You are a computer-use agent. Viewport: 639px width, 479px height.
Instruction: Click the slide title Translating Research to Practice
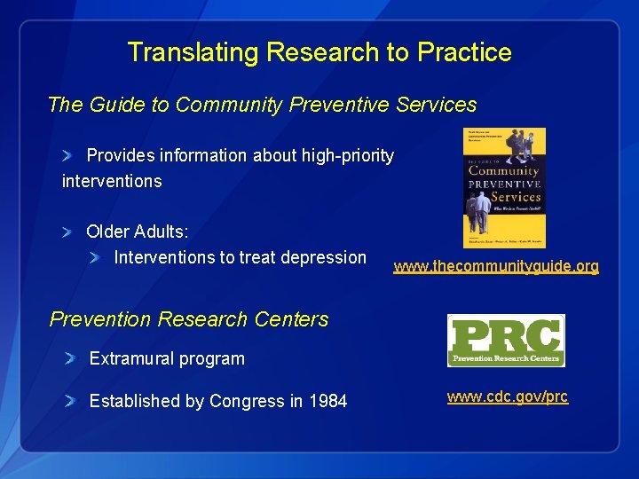(319, 52)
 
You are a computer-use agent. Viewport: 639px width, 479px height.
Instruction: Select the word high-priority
(347, 156)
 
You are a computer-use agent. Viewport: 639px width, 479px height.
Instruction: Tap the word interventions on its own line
(112, 181)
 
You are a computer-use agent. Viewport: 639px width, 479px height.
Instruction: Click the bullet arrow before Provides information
(68, 156)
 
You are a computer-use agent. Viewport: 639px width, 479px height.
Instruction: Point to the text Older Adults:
(137, 232)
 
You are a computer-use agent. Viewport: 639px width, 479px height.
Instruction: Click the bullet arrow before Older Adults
(68, 232)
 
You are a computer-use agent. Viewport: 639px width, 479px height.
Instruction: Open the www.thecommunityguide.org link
(496, 266)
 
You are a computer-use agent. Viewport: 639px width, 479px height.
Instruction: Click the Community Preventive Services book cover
(504, 187)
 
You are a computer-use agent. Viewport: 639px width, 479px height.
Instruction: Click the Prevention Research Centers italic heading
(189, 319)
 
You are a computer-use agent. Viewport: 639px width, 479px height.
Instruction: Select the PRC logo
(506, 340)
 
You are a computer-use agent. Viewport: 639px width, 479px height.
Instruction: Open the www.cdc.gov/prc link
(507, 397)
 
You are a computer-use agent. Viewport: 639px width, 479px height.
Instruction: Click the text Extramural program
(167, 359)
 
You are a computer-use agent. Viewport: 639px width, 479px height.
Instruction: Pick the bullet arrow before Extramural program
(70, 359)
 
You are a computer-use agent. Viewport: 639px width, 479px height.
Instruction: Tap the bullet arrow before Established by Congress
(70, 402)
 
